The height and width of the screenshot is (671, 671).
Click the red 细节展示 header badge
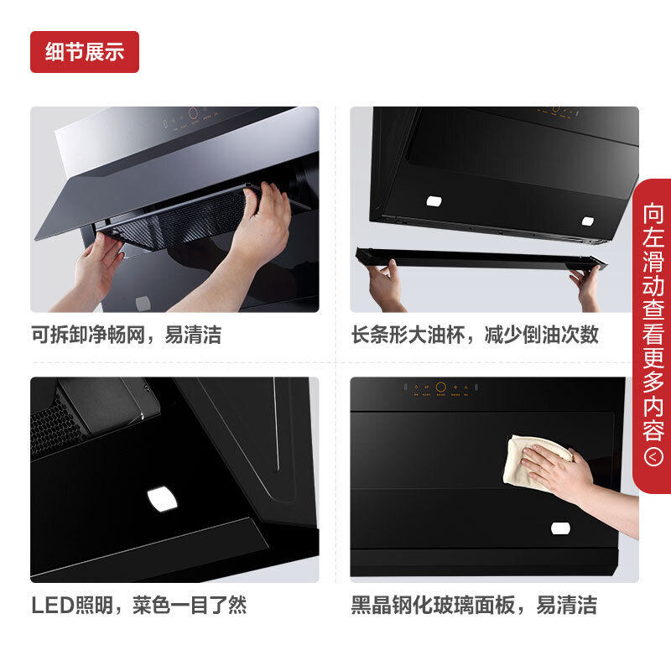pos(84,52)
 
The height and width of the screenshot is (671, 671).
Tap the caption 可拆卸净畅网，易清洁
pos(126,335)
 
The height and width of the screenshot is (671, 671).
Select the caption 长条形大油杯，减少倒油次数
pos(475,335)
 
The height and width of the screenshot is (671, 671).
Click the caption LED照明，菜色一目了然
pos(138,605)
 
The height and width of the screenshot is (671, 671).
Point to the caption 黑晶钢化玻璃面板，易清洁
pos(474,605)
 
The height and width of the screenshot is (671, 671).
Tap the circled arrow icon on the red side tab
pos(653,457)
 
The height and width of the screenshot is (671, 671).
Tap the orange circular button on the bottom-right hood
pos(439,388)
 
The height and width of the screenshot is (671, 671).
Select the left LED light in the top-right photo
pos(434,201)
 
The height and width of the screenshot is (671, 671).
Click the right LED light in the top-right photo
pos(588,221)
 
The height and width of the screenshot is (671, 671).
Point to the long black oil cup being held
pos(478,258)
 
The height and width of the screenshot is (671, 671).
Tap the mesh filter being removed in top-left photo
pos(185,222)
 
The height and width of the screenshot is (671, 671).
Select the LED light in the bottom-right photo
pos(559,528)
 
